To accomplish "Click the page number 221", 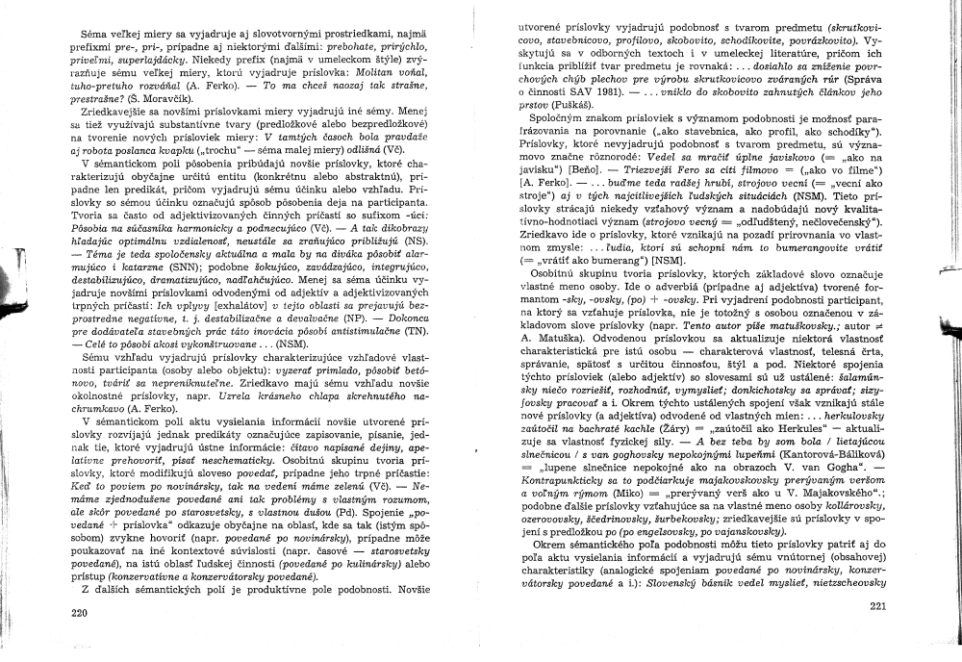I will pos(876,606).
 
